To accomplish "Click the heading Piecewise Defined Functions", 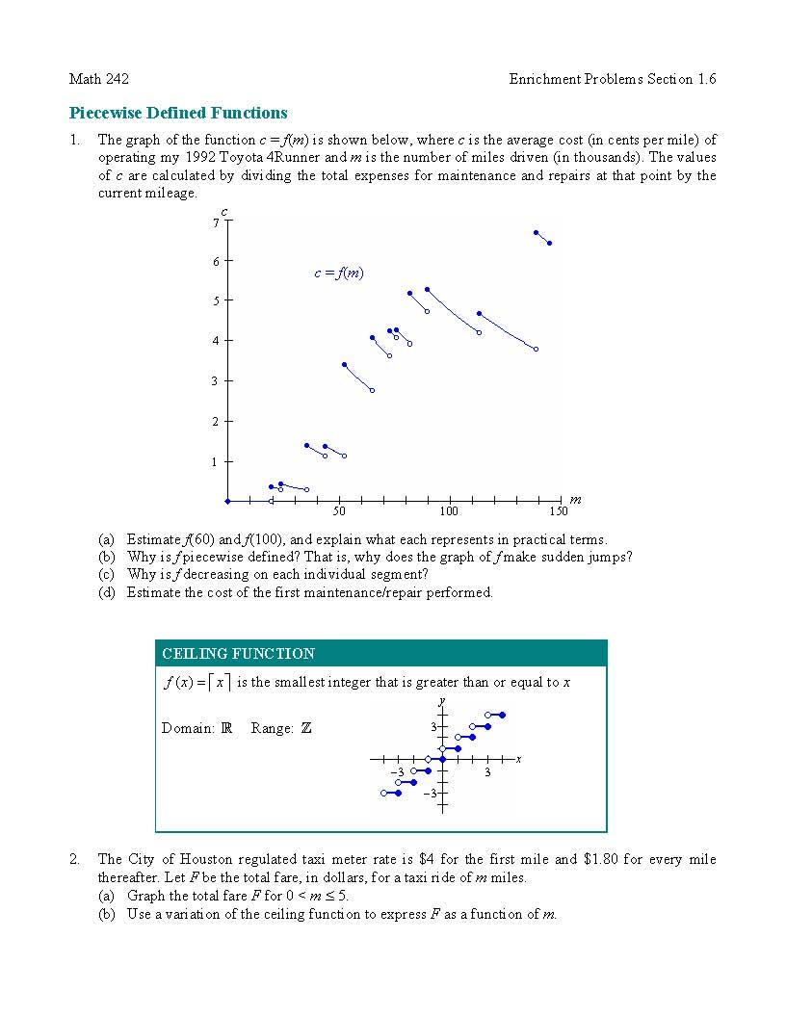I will pos(178,113).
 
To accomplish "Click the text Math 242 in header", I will pos(99,79).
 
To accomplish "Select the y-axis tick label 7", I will pos(216,222).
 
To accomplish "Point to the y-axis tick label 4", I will pos(216,341).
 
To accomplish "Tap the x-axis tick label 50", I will pos(339,511).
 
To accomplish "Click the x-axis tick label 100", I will pos(449,511).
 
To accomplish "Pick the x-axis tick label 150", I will pos(559,511).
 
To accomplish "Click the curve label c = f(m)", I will pos(339,274).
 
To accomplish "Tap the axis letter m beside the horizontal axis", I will pos(575,499).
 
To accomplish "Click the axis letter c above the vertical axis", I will pos(224,211).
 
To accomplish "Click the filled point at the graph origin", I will pos(228,501).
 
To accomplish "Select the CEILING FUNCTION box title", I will pos(238,654).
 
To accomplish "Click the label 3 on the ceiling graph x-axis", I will pos(487,772).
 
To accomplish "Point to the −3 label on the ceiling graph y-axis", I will pos(431,793).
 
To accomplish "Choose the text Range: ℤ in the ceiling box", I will pos(281,728).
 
